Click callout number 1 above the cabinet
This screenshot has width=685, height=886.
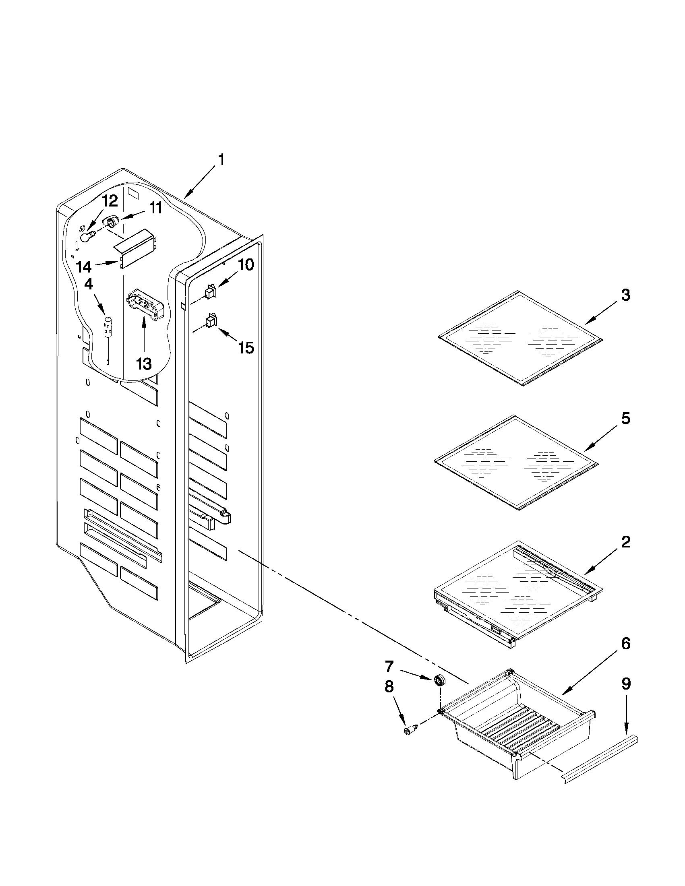pos(221,160)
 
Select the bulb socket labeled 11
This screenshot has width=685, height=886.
pos(111,222)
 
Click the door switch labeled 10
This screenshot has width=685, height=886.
pos(210,292)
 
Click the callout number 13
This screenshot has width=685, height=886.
pos(144,363)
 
